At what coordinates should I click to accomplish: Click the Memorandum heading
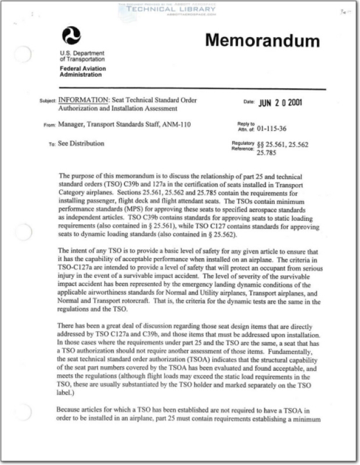tap(262, 41)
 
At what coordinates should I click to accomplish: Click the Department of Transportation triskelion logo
tap(71, 37)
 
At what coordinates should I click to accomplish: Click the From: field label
tap(49, 124)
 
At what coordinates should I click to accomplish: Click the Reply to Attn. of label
tap(246, 126)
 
